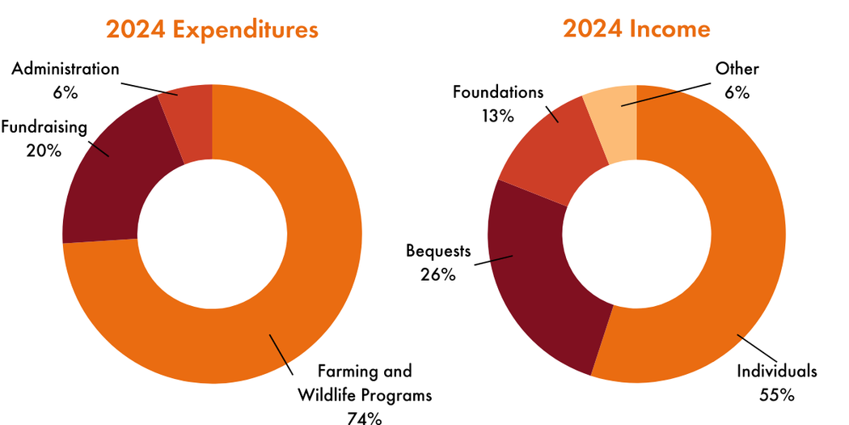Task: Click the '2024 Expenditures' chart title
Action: click(212, 30)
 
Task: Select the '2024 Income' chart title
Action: click(636, 30)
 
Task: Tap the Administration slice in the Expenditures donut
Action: click(188, 121)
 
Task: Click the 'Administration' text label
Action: click(65, 70)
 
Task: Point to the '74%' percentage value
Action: click(364, 419)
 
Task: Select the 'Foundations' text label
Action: click(498, 92)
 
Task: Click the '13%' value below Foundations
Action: click(497, 116)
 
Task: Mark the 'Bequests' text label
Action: click(438, 251)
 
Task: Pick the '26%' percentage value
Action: click(438, 274)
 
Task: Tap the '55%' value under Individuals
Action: click(777, 395)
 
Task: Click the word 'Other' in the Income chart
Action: click(737, 69)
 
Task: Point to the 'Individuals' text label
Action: click(777, 372)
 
